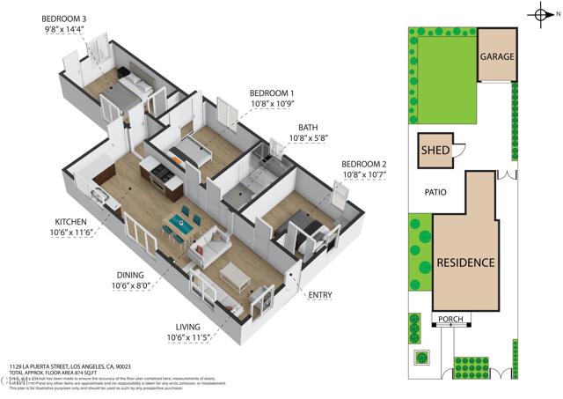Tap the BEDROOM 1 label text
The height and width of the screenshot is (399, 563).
(272, 93)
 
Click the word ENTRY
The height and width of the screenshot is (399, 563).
(321, 294)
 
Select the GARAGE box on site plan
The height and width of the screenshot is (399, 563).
(497, 55)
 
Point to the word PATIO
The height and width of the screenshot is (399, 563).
(435, 192)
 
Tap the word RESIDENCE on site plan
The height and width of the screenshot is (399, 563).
(464, 262)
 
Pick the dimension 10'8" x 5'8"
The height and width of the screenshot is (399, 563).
(308, 138)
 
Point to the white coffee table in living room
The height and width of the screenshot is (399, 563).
(236, 276)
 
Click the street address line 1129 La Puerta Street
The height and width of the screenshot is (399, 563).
(70, 366)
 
